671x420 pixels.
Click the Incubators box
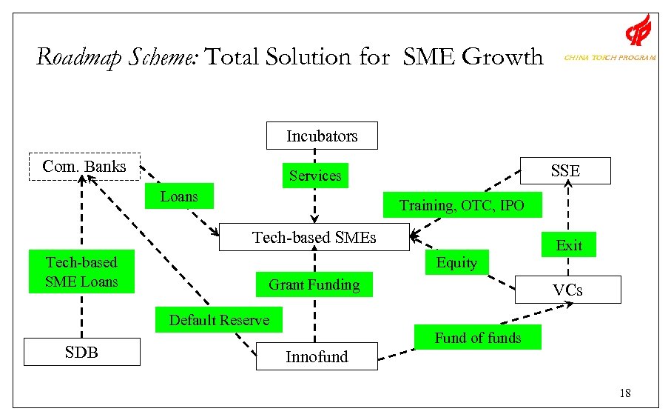(x=322, y=136)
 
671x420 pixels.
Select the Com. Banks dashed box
(x=84, y=167)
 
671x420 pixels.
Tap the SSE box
(x=566, y=170)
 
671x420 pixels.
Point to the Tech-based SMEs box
(x=314, y=237)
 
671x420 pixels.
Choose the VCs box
(x=567, y=290)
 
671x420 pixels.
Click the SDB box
(x=81, y=352)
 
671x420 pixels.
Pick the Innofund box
(x=317, y=356)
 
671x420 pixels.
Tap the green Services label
(x=315, y=176)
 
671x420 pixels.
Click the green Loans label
(x=179, y=196)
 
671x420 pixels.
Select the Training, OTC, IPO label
(x=462, y=205)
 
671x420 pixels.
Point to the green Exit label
(x=569, y=245)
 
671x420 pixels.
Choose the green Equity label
(x=456, y=262)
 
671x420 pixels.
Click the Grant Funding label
(x=314, y=284)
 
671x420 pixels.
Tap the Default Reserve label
(x=219, y=320)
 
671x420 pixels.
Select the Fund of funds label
(x=477, y=338)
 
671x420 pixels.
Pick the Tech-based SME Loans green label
(x=81, y=272)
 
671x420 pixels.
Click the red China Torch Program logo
(x=638, y=31)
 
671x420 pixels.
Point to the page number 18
(x=625, y=393)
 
